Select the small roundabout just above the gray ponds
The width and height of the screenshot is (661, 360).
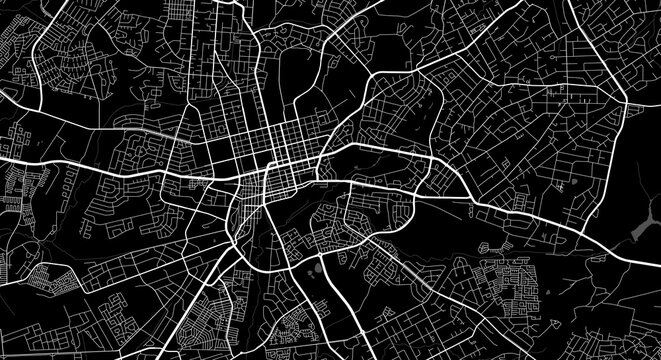312,256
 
